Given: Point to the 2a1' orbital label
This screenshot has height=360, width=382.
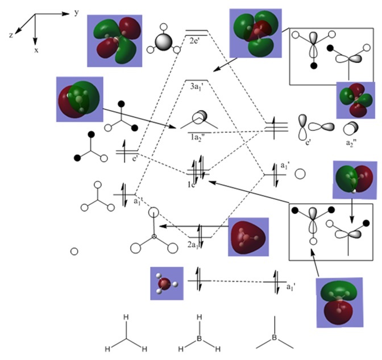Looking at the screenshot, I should (197, 245).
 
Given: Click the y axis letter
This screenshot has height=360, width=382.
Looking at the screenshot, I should (76, 12).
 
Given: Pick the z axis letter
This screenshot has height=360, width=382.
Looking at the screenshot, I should (11, 35).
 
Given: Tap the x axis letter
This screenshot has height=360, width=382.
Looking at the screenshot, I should (35, 50).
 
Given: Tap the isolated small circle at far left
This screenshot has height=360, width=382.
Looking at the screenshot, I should (74, 251).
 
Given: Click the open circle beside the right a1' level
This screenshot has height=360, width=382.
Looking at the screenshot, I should (301, 173).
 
